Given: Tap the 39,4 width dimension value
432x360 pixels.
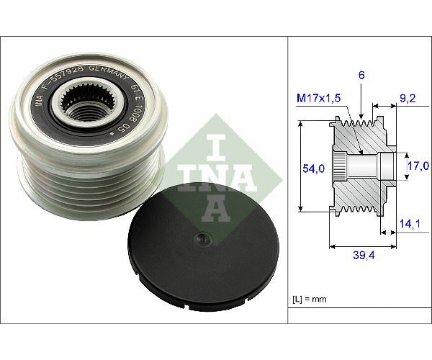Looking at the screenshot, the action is (x=364, y=256).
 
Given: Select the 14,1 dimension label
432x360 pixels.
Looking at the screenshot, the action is (x=410, y=224).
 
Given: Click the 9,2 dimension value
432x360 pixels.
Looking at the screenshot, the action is (x=408, y=99).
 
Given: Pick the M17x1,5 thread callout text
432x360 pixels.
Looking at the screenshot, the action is (x=319, y=98).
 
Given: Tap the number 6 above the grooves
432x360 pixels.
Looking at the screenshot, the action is (x=361, y=75).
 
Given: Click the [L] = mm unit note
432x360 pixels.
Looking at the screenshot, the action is (x=310, y=299).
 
